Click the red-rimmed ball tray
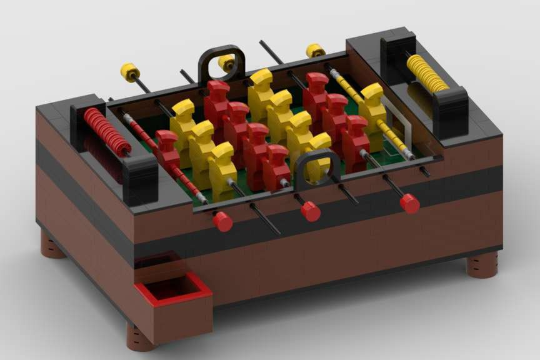(x=173, y=291)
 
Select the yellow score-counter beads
(x=427, y=74)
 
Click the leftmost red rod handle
(x=222, y=221)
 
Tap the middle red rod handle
(x=310, y=211)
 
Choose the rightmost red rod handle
(x=409, y=202)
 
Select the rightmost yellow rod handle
(x=314, y=51)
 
